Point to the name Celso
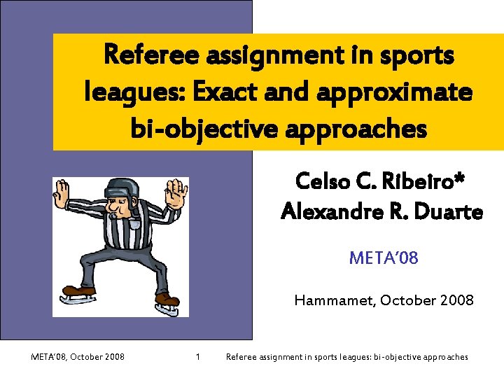click(x=325, y=181)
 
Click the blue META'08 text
click(x=384, y=258)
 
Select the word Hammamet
click(x=335, y=301)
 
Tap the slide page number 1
click(x=198, y=357)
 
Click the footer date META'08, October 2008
click(x=78, y=357)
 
